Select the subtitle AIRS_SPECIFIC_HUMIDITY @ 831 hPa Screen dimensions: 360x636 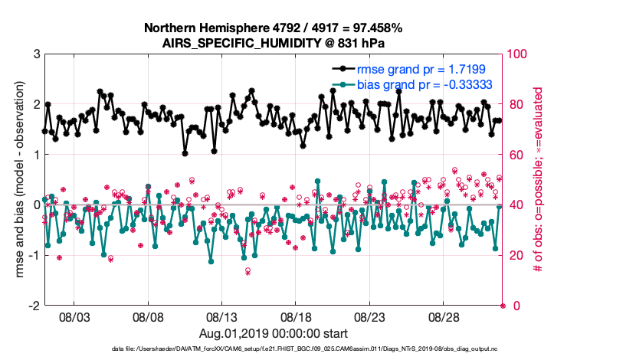tap(274, 42)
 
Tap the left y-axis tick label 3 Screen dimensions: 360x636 tap(36, 54)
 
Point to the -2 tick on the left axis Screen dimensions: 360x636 tap(34, 306)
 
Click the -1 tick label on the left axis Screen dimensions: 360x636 tap(34, 255)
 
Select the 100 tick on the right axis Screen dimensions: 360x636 tap(518, 54)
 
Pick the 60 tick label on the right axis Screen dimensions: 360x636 tap(515, 155)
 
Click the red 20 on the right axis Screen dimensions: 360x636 tap(515, 255)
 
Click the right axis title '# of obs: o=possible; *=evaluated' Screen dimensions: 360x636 tap(540, 180)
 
